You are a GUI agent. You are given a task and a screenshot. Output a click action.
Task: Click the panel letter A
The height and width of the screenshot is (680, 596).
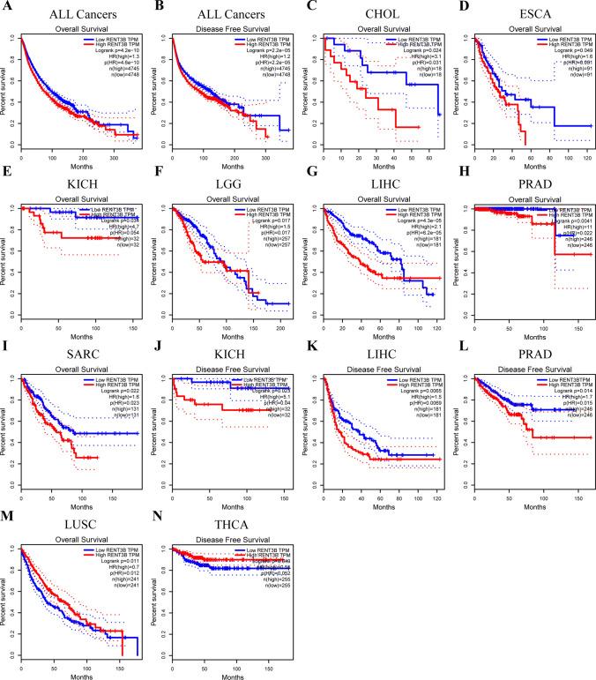tap(7, 7)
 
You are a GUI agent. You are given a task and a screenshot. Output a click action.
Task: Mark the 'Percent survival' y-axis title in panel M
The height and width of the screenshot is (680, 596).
tap(8, 602)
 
